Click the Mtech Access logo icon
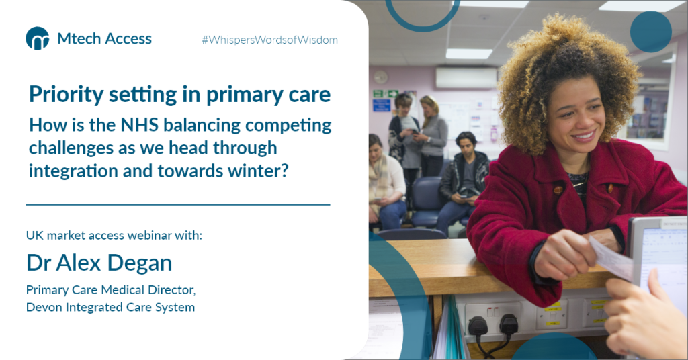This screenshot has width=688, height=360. click(37, 38)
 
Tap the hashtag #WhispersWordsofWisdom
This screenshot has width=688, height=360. click(269, 40)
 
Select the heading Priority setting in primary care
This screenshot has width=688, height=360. click(179, 95)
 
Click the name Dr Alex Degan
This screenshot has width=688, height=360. click(99, 263)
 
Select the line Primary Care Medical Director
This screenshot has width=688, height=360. click(111, 290)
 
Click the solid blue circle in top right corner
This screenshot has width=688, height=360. click(650, 32)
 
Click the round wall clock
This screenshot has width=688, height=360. click(380, 77)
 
